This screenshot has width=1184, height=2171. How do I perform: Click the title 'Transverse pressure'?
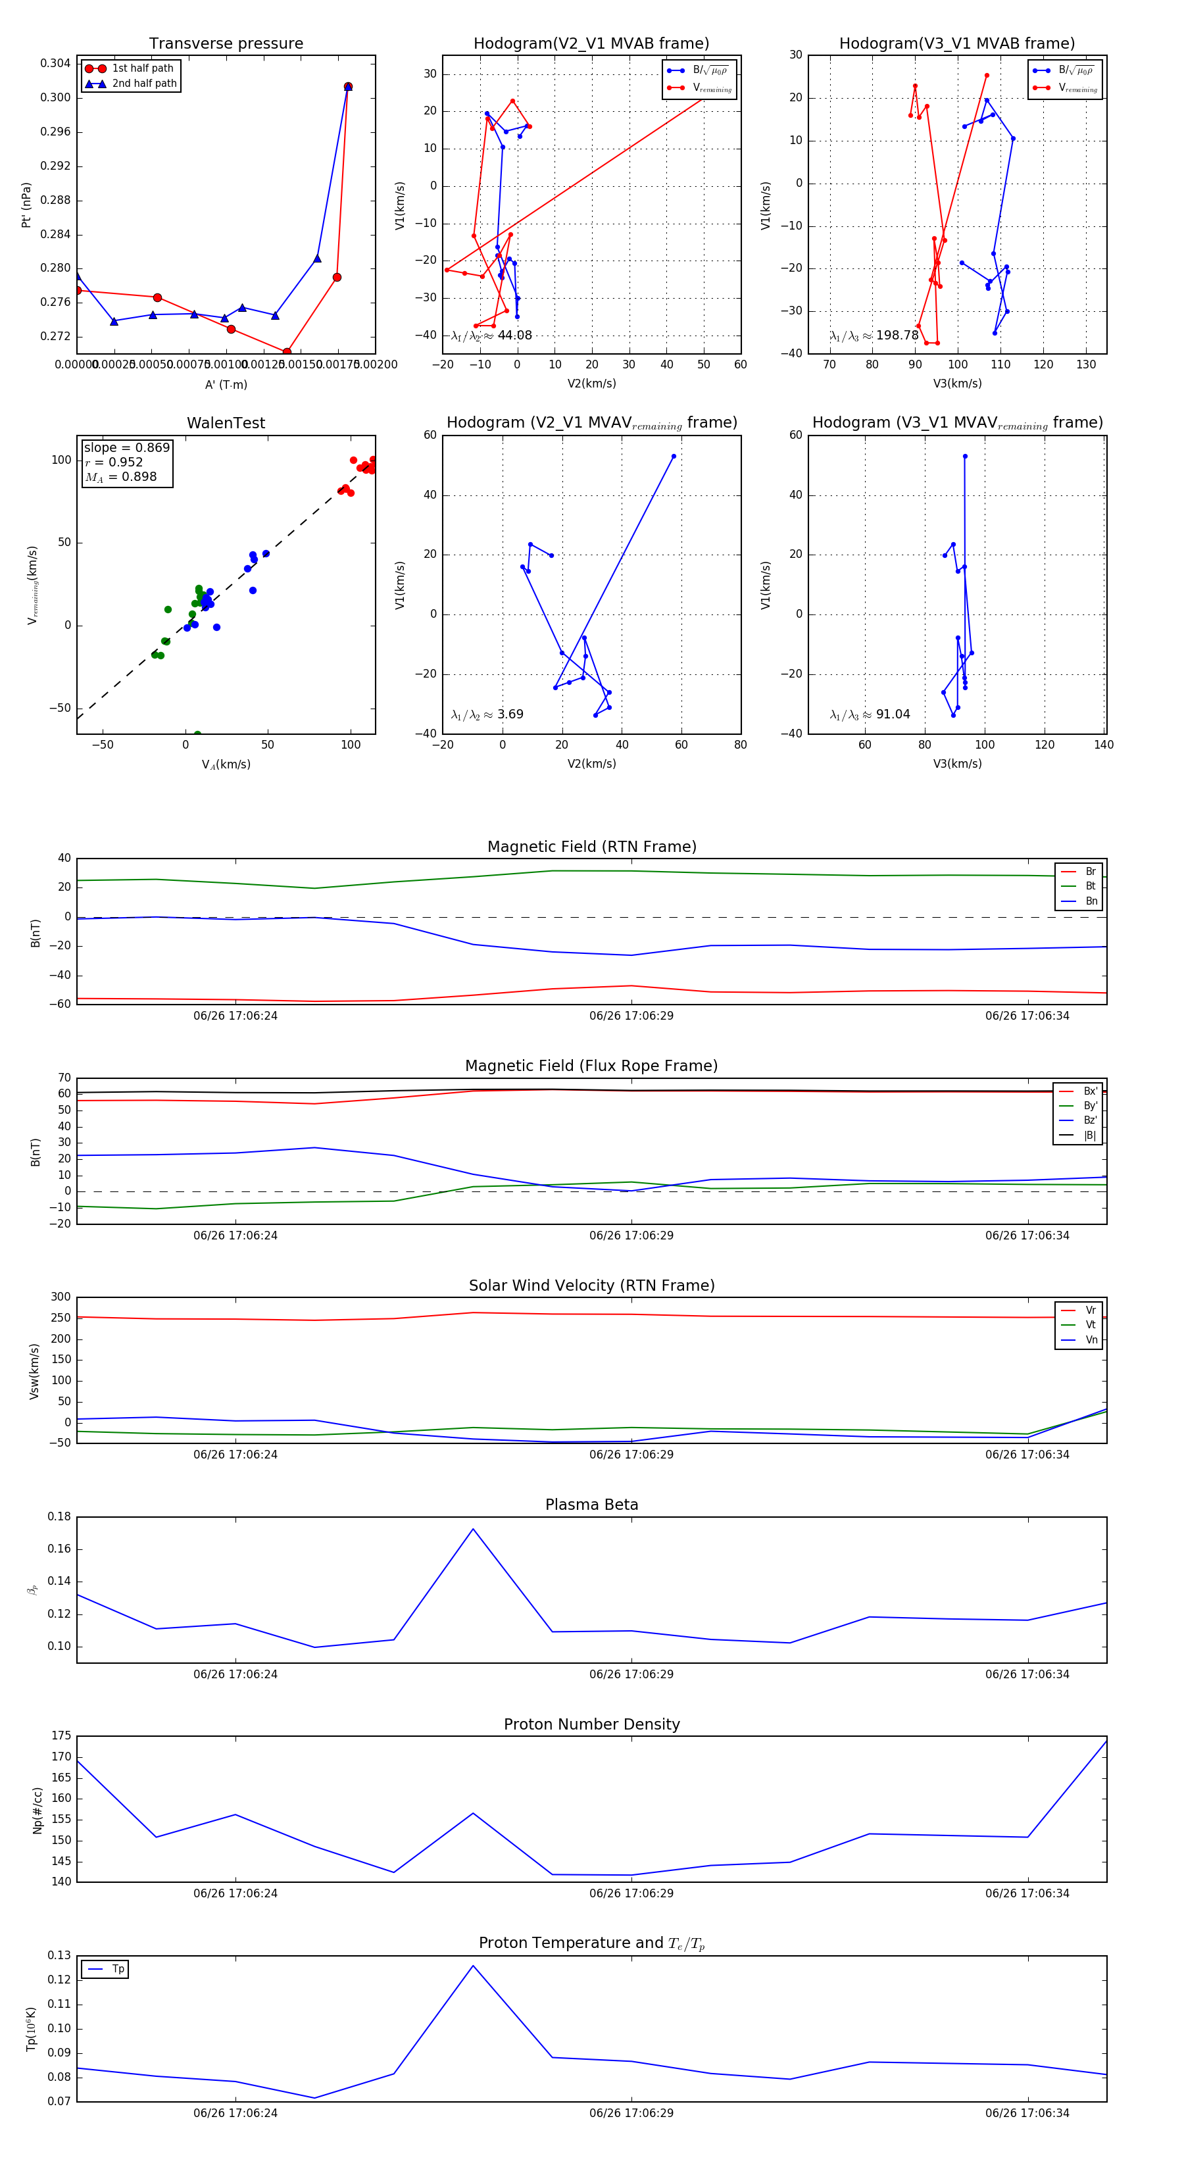226,44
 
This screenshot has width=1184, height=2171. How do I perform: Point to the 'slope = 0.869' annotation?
126,447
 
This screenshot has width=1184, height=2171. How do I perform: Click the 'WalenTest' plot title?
226,423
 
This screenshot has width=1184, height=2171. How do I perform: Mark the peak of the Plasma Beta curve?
473,1529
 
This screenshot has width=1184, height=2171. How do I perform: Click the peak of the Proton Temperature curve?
473,1965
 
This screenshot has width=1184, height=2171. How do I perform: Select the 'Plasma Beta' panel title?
591,1505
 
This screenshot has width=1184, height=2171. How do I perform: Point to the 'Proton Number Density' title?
591,1724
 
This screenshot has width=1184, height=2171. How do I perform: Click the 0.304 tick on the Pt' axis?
56,63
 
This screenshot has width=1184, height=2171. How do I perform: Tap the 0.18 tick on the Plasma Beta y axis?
59,1516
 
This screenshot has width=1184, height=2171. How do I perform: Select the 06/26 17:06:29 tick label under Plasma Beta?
631,1674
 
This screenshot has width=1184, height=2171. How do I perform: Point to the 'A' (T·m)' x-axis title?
226,384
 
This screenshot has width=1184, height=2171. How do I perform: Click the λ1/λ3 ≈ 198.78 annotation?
874,336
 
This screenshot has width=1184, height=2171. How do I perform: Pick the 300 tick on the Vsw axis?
61,1297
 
